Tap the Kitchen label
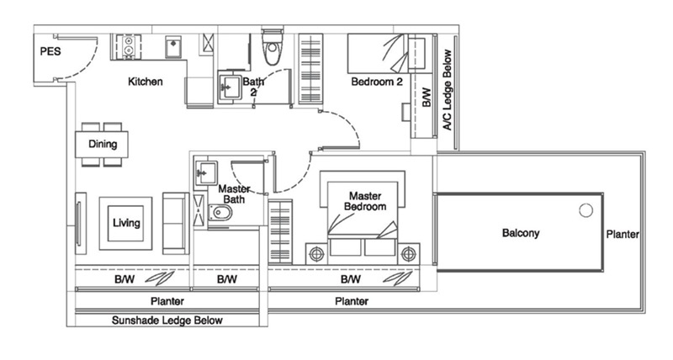click(145, 82)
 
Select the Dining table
click(103, 144)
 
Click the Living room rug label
click(125, 223)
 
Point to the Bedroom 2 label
click(375, 82)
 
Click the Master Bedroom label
click(366, 201)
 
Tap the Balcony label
click(521, 233)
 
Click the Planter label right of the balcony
click(623, 234)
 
